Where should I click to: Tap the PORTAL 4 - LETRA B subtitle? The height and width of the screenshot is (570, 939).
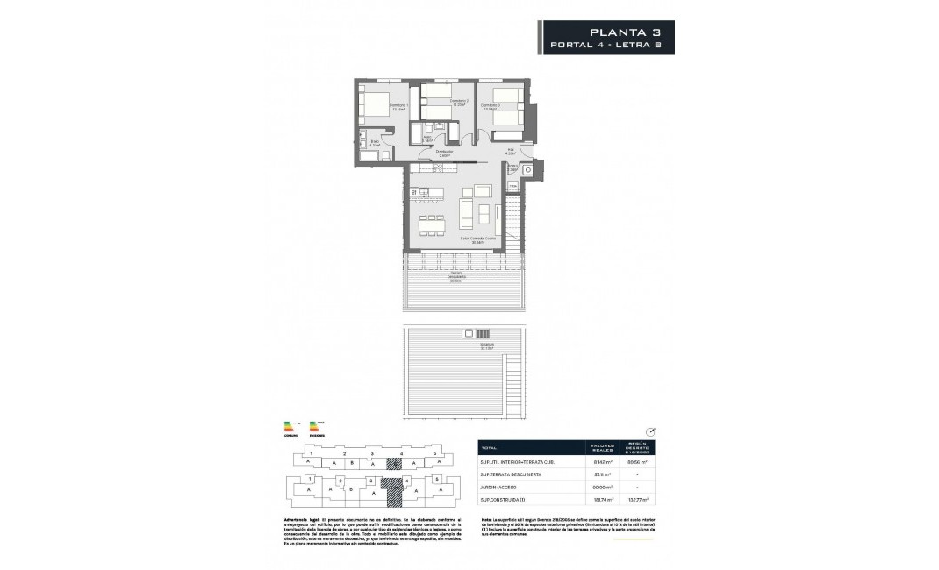613,45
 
